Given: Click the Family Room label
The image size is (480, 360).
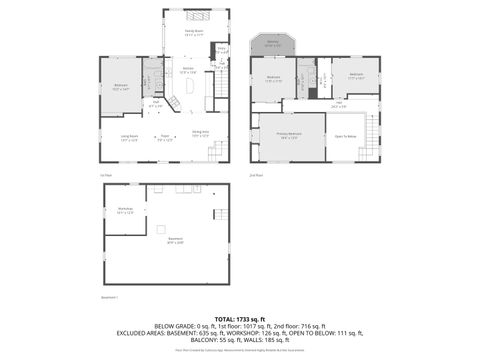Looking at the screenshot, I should tap(194, 32).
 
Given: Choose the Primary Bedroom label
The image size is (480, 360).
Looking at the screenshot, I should tap(289, 137).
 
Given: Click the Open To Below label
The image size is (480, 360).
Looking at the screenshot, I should tap(346, 136).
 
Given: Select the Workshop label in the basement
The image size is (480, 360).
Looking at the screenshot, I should tap(125, 208).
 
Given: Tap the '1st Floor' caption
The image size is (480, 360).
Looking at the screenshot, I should tap(105, 174).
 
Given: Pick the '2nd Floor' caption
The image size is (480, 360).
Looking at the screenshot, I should tap(256, 174).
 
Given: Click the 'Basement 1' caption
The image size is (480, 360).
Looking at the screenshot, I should tap(110, 297).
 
